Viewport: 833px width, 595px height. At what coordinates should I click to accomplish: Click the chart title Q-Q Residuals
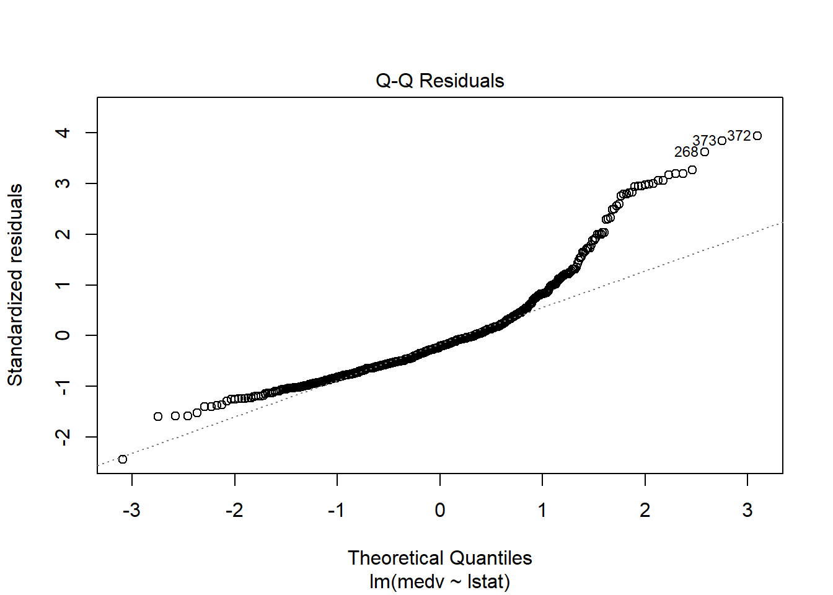[x=439, y=81]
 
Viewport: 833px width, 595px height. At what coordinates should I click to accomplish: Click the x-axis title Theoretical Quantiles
[x=439, y=558]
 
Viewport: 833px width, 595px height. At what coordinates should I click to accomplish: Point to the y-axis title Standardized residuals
[x=15, y=284]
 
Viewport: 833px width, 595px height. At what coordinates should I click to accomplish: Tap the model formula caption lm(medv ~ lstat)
[x=439, y=581]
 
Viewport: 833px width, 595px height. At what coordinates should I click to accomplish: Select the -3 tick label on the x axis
[x=131, y=510]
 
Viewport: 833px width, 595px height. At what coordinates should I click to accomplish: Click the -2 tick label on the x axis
[x=234, y=510]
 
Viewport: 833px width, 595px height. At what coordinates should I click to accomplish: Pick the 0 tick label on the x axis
[x=439, y=510]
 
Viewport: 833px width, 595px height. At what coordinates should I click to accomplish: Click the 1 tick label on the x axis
[x=542, y=510]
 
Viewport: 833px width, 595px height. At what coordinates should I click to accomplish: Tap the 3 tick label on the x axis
[x=747, y=510]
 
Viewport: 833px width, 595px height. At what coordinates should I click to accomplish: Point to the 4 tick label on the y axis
[x=63, y=133]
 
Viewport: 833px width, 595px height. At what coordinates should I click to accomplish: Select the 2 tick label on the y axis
[x=63, y=234]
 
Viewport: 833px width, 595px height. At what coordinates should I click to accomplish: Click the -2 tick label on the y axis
[x=63, y=437]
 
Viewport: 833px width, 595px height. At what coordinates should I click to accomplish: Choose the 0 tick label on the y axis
[x=63, y=335]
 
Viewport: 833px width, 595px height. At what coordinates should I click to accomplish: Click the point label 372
[x=739, y=136]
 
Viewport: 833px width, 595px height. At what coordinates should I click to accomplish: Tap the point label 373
[x=704, y=141]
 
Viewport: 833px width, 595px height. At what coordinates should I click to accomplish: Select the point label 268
[x=686, y=152]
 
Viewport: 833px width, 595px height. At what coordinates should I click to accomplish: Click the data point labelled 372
[x=757, y=136]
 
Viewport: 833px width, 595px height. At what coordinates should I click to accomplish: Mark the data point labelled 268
[x=705, y=152]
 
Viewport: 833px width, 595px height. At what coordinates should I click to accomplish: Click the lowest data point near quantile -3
[x=123, y=459]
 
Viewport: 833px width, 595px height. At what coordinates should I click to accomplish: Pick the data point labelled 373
[x=722, y=141]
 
